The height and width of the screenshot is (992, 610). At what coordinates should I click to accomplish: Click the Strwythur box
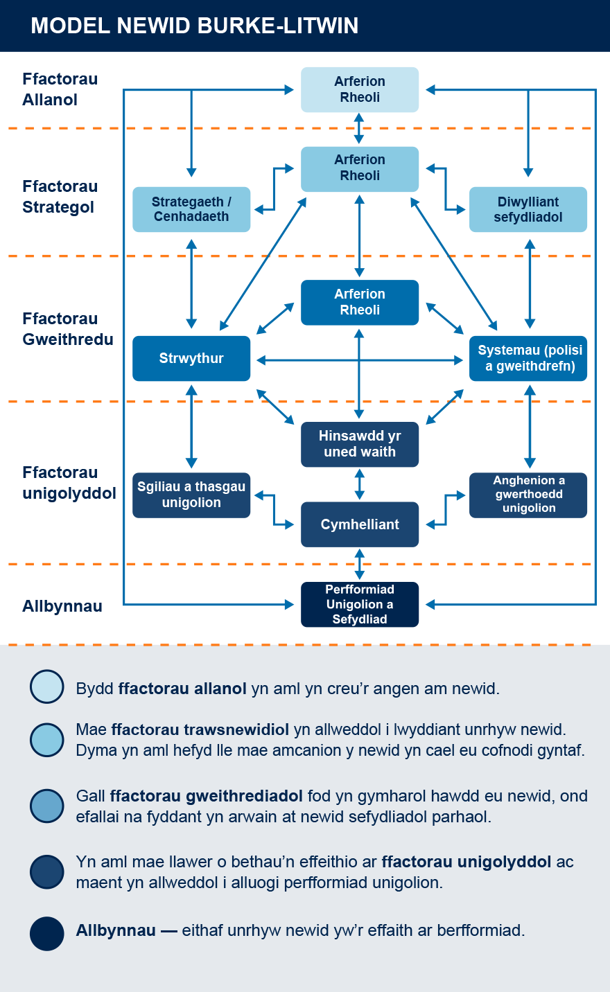point(191,358)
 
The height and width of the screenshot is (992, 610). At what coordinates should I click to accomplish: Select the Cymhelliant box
point(359,524)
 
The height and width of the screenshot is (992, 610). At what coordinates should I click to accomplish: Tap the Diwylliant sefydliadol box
point(528,209)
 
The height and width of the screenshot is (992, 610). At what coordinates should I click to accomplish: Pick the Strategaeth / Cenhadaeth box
point(191,209)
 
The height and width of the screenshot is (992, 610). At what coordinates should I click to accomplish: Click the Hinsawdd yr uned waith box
point(359,444)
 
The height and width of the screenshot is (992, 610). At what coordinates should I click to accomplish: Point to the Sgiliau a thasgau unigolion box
point(191,495)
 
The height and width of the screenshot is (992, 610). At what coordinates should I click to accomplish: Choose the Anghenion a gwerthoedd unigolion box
point(528,495)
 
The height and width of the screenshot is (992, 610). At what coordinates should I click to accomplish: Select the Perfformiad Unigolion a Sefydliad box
point(359,604)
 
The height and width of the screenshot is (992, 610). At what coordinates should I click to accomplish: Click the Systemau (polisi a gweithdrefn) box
point(528,358)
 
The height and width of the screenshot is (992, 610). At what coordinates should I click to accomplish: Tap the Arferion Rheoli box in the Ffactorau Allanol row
point(359,89)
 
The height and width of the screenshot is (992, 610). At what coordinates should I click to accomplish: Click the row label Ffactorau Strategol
point(60,197)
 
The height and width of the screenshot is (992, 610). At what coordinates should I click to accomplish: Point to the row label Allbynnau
point(62,606)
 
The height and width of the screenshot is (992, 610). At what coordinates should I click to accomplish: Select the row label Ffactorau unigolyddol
point(69,483)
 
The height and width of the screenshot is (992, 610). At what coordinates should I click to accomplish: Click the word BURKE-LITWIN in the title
point(278,26)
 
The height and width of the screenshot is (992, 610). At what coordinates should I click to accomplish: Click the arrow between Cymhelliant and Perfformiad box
point(359,564)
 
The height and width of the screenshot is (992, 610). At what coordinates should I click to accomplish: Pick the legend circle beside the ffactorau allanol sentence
point(47,687)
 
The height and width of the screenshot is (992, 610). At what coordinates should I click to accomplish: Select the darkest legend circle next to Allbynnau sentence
point(47,933)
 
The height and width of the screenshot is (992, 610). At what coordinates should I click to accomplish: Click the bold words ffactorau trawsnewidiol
point(200,729)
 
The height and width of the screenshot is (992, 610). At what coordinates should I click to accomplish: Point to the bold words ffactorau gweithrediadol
point(206,796)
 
